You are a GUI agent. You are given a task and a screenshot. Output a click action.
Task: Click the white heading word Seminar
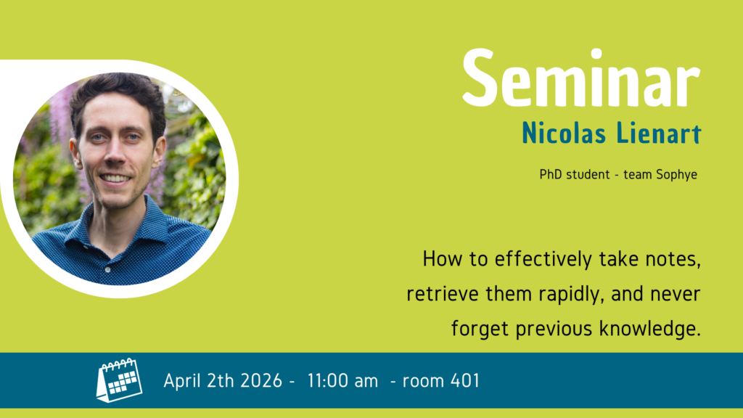click(581, 78)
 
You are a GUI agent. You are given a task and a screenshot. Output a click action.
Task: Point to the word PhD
click(551, 174)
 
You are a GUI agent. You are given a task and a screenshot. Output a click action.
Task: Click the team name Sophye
click(677, 176)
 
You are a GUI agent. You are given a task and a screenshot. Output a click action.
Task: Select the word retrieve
click(443, 294)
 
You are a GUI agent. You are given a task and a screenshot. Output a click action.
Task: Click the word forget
click(480, 329)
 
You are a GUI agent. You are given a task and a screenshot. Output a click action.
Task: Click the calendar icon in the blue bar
click(120, 380)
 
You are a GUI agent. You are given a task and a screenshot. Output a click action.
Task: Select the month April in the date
click(181, 381)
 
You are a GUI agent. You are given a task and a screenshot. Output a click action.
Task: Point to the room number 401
click(465, 380)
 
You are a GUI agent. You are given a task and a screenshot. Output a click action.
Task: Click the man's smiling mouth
click(115, 179)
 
